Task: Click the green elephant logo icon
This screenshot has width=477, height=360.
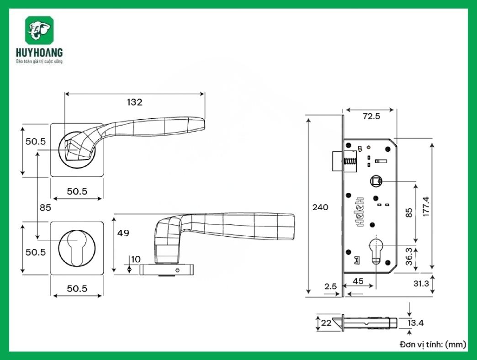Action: tap(39, 31)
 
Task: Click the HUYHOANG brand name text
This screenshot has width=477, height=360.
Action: tap(39, 53)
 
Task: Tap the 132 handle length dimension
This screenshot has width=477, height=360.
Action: tap(135, 102)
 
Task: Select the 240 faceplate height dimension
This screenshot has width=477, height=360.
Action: tap(320, 207)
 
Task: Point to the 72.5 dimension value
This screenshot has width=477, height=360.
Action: tap(371, 116)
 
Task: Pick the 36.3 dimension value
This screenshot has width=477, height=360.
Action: tap(409, 256)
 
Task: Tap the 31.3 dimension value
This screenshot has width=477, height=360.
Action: tap(421, 283)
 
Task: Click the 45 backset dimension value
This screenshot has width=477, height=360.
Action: tap(358, 281)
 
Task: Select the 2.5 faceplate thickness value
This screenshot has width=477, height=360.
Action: tap(331, 286)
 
